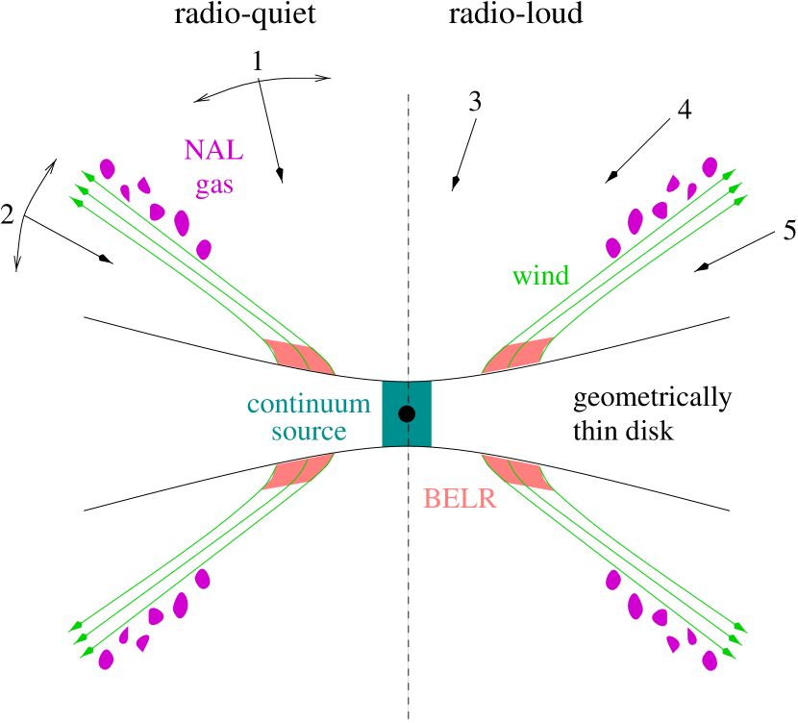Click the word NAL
point(213,151)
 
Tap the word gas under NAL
point(213,185)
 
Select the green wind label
point(540,277)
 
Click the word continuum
point(308,404)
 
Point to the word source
point(309,432)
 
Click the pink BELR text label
point(460,499)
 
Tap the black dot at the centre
point(407,413)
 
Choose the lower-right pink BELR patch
point(519,472)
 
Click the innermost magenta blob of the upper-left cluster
point(204,250)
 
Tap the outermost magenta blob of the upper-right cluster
point(710,167)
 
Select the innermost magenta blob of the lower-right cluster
point(612,579)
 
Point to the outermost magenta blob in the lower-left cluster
point(106,660)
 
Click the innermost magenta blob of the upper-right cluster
point(613,248)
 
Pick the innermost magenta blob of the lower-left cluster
point(202,579)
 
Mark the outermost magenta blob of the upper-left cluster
point(107,169)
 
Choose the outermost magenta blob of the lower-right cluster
point(710,660)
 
